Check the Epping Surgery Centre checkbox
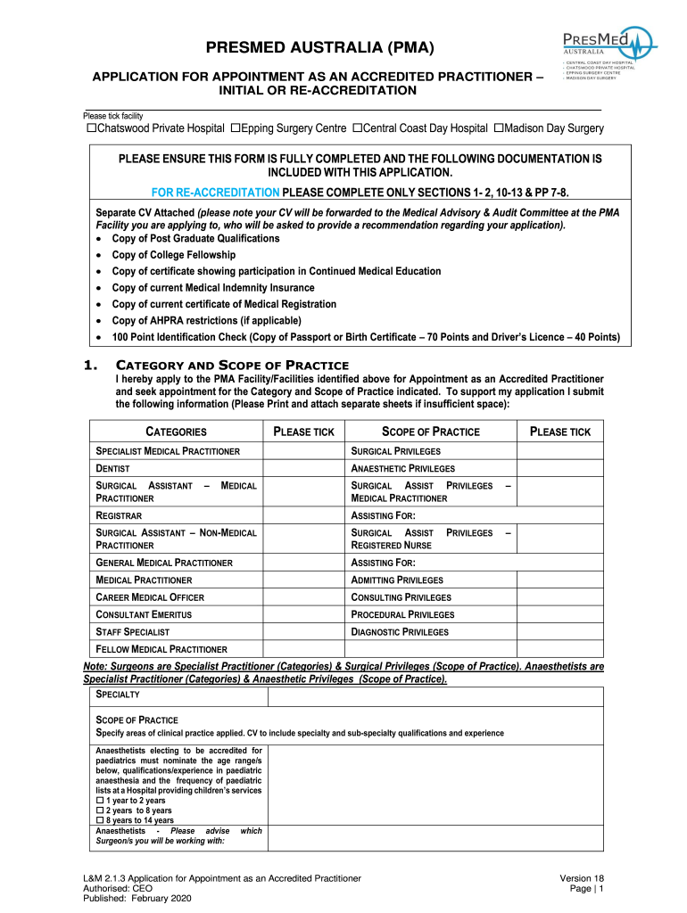(x=236, y=128)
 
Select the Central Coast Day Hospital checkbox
(x=357, y=128)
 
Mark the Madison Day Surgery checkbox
(x=499, y=128)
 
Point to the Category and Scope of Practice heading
(x=232, y=366)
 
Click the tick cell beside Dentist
(x=303, y=468)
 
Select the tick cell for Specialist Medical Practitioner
(x=303, y=451)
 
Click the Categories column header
(x=176, y=432)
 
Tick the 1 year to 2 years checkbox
(x=100, y=801)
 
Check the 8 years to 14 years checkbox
(x=100, y=820)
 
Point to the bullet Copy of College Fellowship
(x=173, y=255)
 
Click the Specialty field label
(x=118, y=694)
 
